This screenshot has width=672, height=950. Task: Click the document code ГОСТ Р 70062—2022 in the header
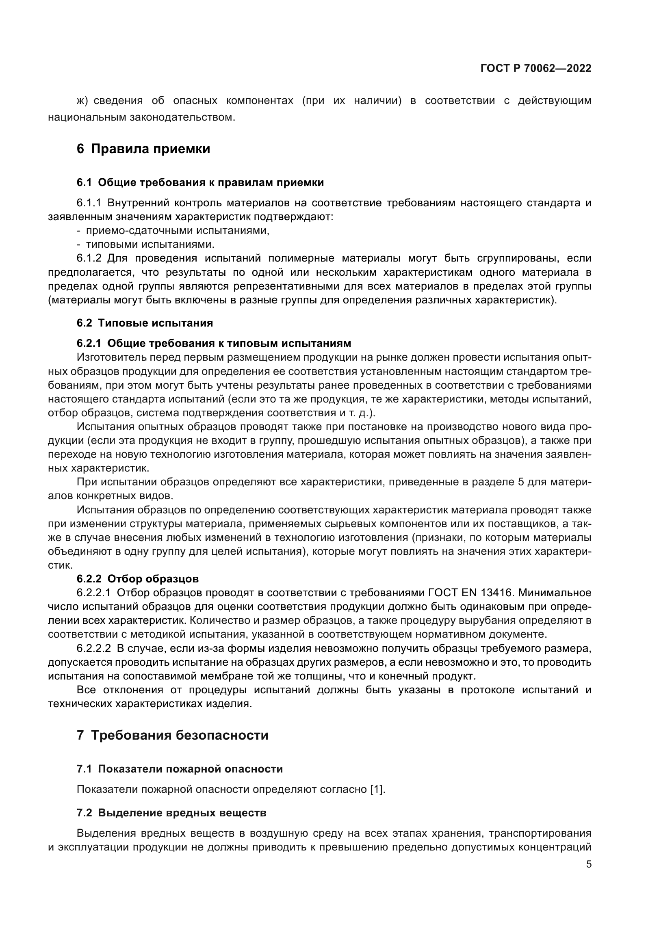pyautogui.click(x=535, y=69)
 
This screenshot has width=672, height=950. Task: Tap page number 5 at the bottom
pyautogui.click(x=588, y=864)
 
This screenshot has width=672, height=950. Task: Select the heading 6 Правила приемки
pyautogui.click(x=143, y=149)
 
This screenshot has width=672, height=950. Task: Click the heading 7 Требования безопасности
pyautogui.click(x=173, y=735)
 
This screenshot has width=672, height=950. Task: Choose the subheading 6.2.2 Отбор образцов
pyautogui.click(x=137, y=578)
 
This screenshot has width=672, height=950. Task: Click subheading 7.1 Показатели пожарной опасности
pyautogui.click(x=180, y=769)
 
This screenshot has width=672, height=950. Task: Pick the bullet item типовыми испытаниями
pyautogui.click(x=150, y=244)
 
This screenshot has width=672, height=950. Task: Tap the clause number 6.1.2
pyautogui.click(x=89, y=258)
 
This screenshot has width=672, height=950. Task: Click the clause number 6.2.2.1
pyautogui.click(x=93, y=593)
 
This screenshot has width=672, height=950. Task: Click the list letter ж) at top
pyautogui.click(x=83, y=101)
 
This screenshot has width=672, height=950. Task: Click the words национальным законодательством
pyautogui.click(x=141, y=117)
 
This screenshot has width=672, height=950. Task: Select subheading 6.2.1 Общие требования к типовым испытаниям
pyautogui.click(x=214, y=343)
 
